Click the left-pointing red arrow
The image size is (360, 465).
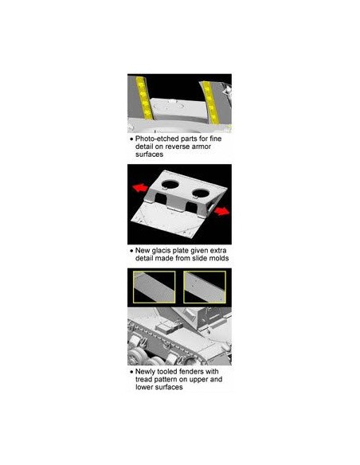tap(140, 188)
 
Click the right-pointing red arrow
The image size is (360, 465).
tap(221, 211)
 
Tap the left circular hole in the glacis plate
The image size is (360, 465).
tap(170, 185)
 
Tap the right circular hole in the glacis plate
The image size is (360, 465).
tap(201, 193)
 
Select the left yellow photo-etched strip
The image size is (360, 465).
tap(144, 98)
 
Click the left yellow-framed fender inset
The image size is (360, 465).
tap(155, 287)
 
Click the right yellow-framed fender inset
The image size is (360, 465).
tap(205, 287)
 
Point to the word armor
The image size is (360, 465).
tap(201, 147)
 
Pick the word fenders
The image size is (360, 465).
tap(191, 372)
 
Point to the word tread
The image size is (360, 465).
tap(144, 379)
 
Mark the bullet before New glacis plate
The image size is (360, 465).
tap(131, 251)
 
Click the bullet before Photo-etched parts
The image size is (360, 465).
tap(131, 139)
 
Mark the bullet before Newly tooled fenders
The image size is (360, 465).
tap(131, 372)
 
